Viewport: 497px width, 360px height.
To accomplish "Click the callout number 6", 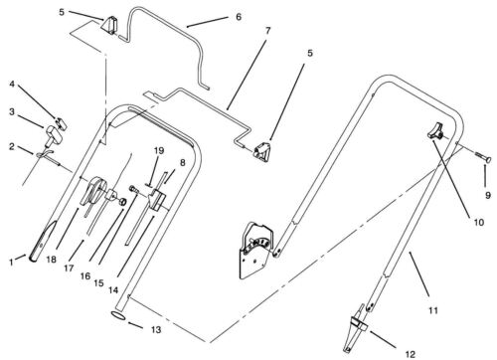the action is [239, 17].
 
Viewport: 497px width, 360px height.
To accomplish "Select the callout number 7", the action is [267, 31].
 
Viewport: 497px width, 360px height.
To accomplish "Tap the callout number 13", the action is [156, 330].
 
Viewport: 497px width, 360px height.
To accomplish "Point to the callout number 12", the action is [411, 354].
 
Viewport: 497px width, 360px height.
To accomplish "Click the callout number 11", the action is [433, 310].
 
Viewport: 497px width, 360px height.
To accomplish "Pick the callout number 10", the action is [479, 222].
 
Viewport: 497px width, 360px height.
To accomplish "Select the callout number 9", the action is [488, 195].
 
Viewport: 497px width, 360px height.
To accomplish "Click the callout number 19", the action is [159, 151].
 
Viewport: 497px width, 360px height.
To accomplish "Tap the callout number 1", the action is [12, 263].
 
